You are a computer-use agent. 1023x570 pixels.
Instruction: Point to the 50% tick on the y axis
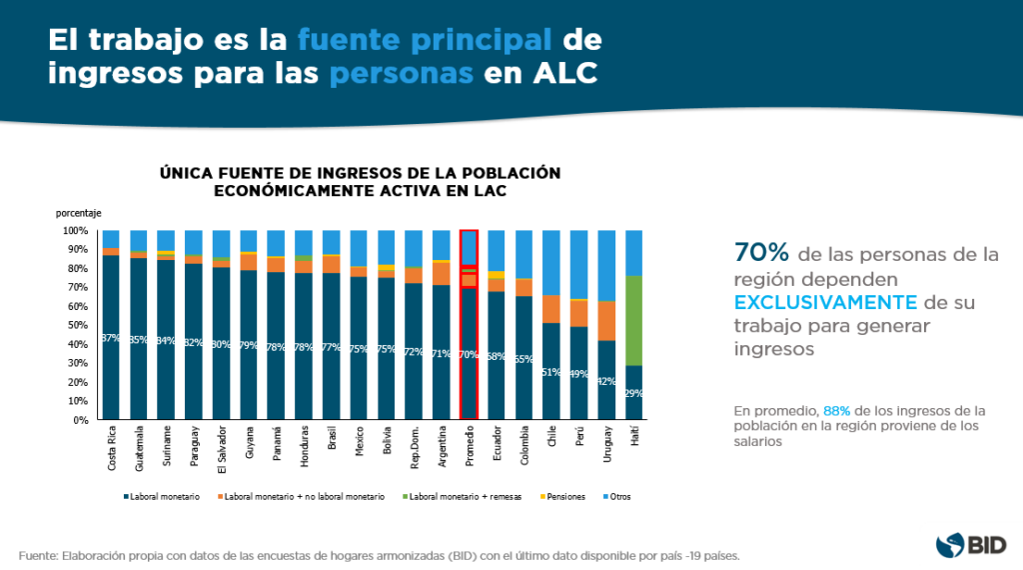pyautogui.click(x=77, y=325)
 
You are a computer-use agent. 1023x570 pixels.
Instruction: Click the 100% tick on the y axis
pyautogui.click(x=76, y=230)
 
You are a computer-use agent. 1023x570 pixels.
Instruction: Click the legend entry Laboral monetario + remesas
pyautogui.click(x=471, y=496)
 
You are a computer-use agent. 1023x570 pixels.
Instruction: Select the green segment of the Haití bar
pyautogui.click(x=633, y=320)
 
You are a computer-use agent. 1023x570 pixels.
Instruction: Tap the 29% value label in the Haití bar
pyautogui.click(x=633, y=393)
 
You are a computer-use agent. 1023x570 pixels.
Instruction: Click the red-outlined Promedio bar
pyautogui.click(x=469, y=325)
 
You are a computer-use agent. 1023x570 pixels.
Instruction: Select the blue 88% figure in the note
pyautogui.click(x=836, y=411)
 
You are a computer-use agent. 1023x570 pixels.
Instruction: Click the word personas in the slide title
pyautogui.click(x=403, y=75)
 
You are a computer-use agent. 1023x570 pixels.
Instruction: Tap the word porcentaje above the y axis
pyautogui.click(x=78, y=213)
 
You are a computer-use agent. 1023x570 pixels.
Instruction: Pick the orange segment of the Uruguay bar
pyautogui.click(x=605, y=320)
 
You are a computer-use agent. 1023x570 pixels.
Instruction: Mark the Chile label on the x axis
pyautogui.click(x=551, y=438)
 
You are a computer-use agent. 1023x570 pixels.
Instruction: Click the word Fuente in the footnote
pyautogui.click(x=41, y=555)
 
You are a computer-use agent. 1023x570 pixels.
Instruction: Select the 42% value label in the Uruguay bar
pyautogui.click(x=605, y=381)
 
